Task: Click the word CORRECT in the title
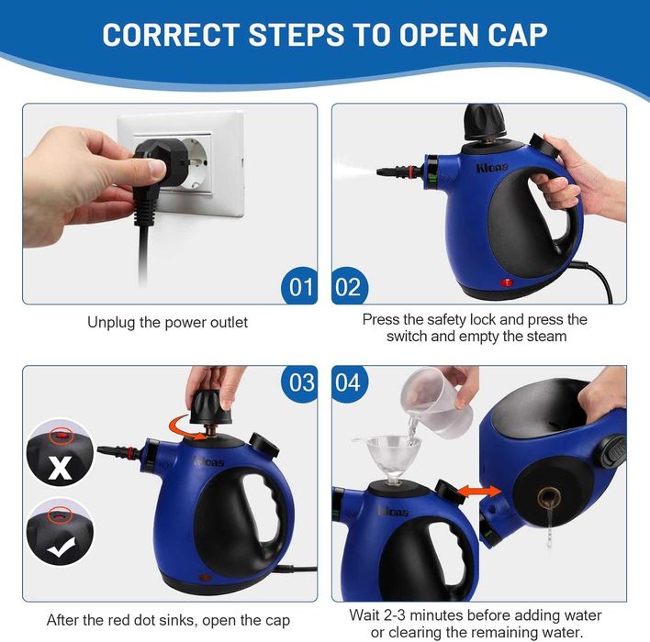(171, 34)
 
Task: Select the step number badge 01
(299, 286)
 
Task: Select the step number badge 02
(349, 286)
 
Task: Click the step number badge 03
(299, 382)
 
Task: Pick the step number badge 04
(349, 382)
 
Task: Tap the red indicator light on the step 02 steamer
(506, 282)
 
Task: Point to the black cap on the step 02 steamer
(485, 122)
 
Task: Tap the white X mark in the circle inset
(61, 469)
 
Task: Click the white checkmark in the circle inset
(61, 548)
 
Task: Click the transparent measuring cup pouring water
(436, 403)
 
